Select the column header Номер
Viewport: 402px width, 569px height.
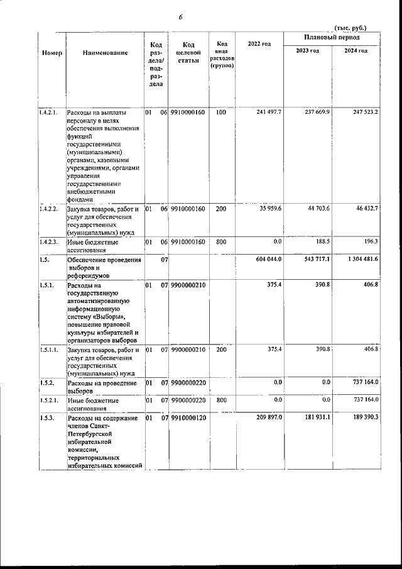52,54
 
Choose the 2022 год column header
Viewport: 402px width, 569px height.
259,43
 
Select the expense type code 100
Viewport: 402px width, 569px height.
221,112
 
